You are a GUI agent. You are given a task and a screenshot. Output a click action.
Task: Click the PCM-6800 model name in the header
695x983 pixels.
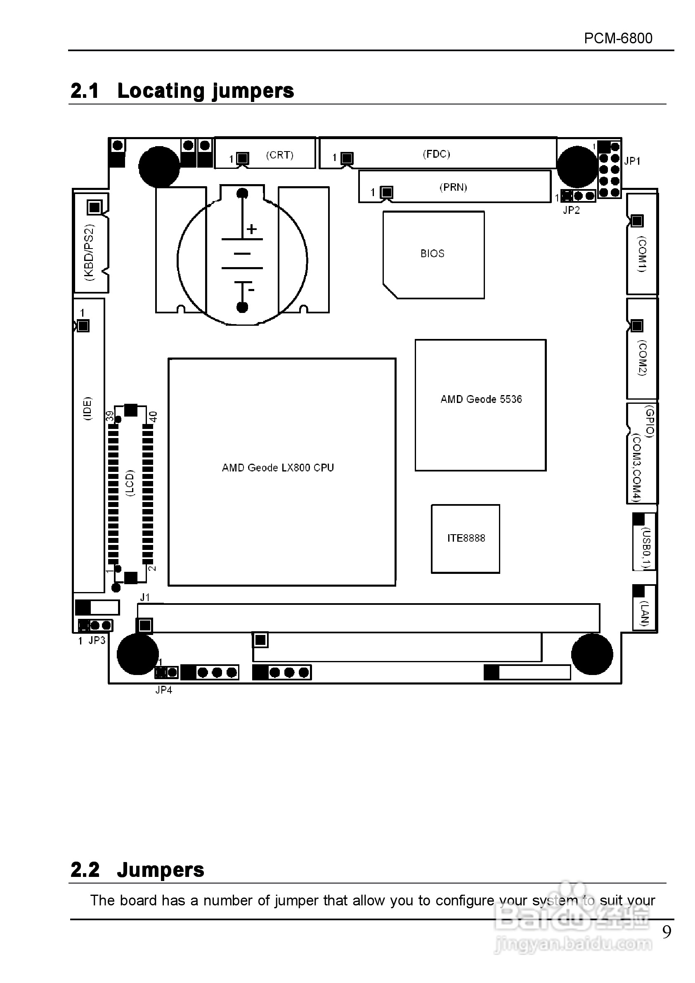[x=617, y=38]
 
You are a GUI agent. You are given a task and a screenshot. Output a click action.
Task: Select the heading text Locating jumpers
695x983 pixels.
[x=206, y=91]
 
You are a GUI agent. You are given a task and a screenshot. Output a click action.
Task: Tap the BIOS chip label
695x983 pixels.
[x=432, y=253]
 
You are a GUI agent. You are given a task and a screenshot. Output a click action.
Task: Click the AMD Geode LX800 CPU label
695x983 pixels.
[x=278, y=467]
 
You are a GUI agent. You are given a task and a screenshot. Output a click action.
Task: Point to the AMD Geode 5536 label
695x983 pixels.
[x=481, y=399]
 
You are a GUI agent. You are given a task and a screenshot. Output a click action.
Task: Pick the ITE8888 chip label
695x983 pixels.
[x=466, y=538]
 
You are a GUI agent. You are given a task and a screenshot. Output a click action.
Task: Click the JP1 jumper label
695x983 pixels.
[x=632, y=161]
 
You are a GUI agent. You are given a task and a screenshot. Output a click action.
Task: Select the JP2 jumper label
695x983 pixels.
[x=571, y=210]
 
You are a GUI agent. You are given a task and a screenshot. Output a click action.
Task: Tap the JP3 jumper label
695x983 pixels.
[x=97, y=640]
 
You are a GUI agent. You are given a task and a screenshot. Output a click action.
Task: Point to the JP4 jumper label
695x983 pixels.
[x=163, y=690]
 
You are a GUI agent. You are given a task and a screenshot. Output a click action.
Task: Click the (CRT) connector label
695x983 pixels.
[x=279, y=155]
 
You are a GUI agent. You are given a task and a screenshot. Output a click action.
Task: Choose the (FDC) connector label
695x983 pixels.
[x=436, y=154]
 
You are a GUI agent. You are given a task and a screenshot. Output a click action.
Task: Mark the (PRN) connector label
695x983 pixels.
[x=453, y=187]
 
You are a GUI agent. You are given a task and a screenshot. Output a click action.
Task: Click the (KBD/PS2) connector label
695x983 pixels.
[x=89, y=253]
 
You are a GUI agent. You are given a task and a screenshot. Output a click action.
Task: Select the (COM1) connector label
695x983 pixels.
[x=642, y=254]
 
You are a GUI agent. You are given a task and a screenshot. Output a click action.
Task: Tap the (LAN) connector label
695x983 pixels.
[x=645, y=613]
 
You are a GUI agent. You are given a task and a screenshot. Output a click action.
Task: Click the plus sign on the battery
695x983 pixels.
[x=252, y=229]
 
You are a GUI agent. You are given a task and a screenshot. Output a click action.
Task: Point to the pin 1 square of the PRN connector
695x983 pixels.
[x=387, y=192]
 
